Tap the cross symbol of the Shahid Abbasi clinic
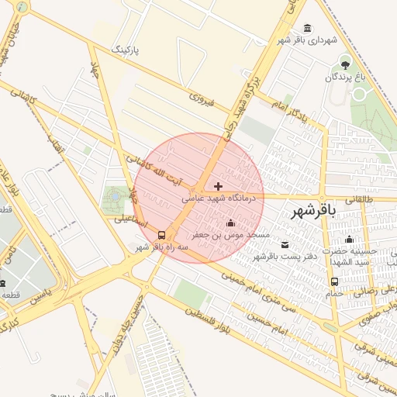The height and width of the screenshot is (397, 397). pyautogui.click(x=218, y=186)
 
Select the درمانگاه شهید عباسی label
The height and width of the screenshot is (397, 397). pyautogui.click(x=219, y=198)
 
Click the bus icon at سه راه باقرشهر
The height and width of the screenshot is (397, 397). pyautogui.click(x=161, y=234)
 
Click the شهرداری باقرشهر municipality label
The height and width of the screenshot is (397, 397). pyautogui.click(x=309, y=39)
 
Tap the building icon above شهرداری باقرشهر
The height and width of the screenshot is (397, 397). pyautogui.click(x=309, y=28)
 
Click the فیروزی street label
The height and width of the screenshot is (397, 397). pyautogui.click(x=200, y=98)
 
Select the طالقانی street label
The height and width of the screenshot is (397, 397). pyautogui.click(x=357, y=199)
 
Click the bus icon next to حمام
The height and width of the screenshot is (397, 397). pyautogui.click(x=334, y=282)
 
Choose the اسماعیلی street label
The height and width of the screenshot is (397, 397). pyautogui.click(x=129, y=219)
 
